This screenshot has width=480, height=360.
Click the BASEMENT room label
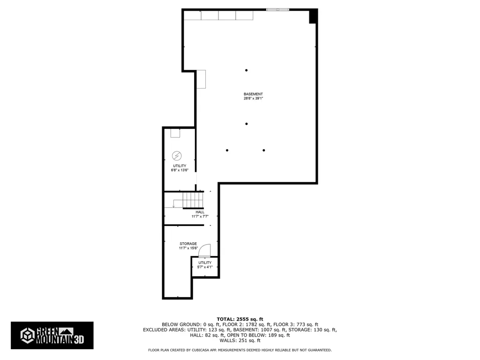[253, 94]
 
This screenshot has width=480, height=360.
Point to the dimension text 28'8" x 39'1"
[253, 98]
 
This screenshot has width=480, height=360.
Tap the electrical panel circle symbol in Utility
[177, 155]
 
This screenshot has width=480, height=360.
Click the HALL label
[200, 212]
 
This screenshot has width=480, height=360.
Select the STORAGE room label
[188, 244]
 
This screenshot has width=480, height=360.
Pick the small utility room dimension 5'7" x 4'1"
[205, 267]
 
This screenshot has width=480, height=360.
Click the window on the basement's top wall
[278, 9]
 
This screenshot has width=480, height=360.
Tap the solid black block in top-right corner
[313, 16]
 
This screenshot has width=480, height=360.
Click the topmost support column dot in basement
[246, 70]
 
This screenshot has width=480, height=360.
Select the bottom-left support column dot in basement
[227, 150]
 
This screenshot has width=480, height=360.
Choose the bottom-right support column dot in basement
[264, 150]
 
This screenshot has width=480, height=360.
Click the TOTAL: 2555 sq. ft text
[240, 319]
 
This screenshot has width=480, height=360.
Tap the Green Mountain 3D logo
[52, 335]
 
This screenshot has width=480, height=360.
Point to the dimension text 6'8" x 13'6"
[180, 170]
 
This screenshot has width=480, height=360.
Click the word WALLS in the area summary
[228, 341]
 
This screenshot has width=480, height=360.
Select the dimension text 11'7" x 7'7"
[200, 217]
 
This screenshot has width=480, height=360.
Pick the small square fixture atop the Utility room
[175, 133]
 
